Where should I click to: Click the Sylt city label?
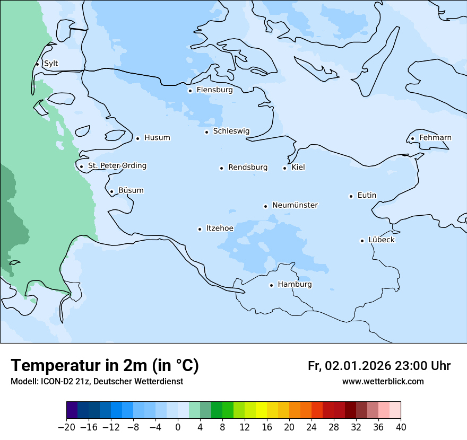[51, 64]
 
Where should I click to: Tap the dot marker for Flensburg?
[190, 91]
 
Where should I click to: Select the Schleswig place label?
[231, 131]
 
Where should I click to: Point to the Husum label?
[157, 138]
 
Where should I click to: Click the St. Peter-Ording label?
[117, 166]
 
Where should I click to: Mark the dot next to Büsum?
[111, 191]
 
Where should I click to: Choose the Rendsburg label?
[248, 168]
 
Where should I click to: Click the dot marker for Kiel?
[284, 168]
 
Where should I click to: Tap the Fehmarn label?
[435, 138]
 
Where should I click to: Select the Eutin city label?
[367, 195]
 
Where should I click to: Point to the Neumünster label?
[295, 205]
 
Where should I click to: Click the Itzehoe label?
[220, 228]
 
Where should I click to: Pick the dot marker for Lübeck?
[362, 241]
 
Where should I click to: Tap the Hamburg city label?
[295, 285]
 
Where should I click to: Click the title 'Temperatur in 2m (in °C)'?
[105, 365]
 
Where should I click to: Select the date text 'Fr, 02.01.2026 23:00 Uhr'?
[379, 366]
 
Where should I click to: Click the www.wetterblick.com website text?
[383, 381]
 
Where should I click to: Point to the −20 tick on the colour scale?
[66, 427]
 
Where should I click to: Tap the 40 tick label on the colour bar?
[401, 427]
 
